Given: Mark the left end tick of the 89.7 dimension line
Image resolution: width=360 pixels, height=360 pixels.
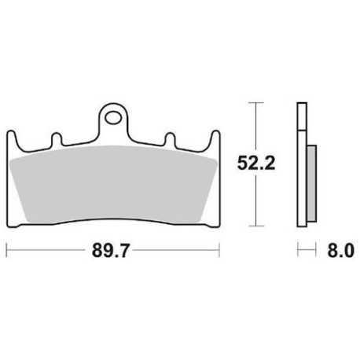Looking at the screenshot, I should point(6,252).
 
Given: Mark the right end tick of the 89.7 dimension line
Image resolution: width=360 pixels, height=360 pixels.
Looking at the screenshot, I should point(219,252).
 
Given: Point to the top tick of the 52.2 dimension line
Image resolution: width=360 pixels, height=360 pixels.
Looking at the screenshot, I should point(253,101).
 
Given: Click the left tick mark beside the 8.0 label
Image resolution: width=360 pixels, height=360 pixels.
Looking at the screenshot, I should point(298,252).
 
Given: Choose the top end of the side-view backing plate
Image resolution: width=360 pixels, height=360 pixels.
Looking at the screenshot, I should point(300,104).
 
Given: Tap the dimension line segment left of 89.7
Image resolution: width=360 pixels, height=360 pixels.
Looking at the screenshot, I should point(47,252).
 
